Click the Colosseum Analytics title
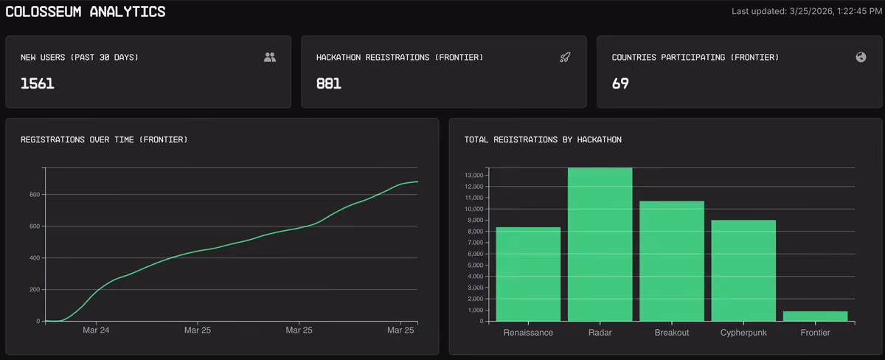[x=86, y=12]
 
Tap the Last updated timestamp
[x=806, y=12]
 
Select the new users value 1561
[x=37, y=83]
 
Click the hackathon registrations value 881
[x=329, y=83]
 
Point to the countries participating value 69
[x=620, y=83]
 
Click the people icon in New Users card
[x=270, y=58]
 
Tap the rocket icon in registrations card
[x=565, y=58]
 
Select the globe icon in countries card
[x=861, y=58]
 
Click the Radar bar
[x=600, y=244]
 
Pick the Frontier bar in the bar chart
[x=815, y=316]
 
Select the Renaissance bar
[x=528, y=274]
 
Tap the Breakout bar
[x=672, y=261]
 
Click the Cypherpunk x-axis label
[x=743, y=333]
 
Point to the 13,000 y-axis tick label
[x=474, y=175]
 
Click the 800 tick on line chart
[x=35, y=195]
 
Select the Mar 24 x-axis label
[x=96, y=330]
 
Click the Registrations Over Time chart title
[x=104, y=139]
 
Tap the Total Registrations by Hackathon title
[x=543, y=139]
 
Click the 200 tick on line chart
[x=35, y=289]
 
